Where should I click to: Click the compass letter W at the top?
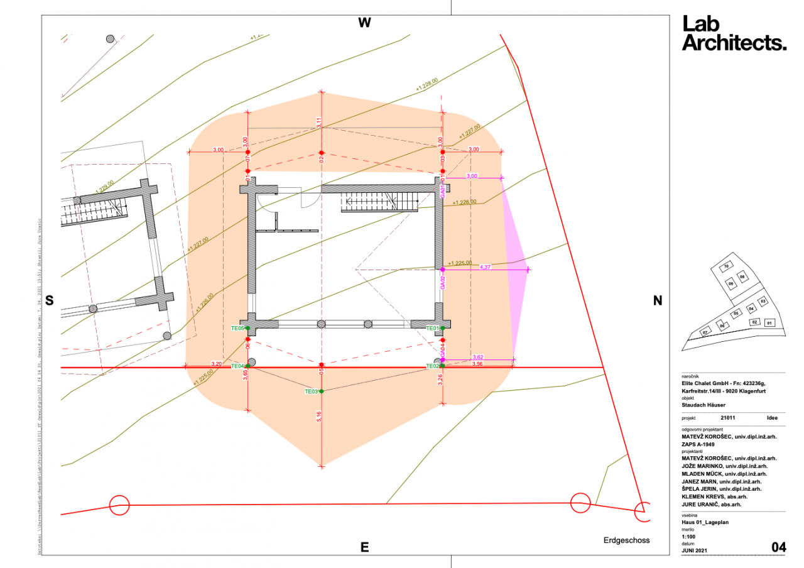pos(364,23)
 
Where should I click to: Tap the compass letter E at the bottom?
pos(364,547)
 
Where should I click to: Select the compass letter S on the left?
pos(50,301)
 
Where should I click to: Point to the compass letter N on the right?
pos(658,301)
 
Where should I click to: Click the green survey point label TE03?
pos(311,391)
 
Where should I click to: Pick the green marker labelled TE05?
pos(237,328)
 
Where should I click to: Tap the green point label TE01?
pos(433,328)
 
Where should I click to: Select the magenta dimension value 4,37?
pos(485,266)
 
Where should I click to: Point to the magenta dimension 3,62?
pos(477,357)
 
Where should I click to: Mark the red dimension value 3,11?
pos(319,123)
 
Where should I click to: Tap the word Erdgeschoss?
pos(626,540)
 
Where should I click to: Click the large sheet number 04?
pos(778,547)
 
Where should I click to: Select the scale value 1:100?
pos(690,537)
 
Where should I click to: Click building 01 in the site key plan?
pos(769,323)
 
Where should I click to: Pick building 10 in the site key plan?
pos(726,266)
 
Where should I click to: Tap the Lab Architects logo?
pos(734,33)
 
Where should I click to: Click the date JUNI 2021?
pos(695,551)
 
